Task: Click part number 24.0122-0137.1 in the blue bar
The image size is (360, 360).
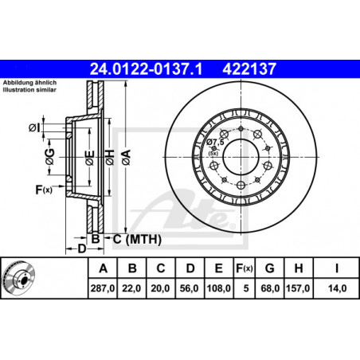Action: pyautogui.click(x=146, y=69)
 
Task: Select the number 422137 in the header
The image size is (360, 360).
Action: pyautogui.click(x=249, y=69)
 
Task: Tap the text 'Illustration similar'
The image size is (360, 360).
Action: pyautogui.click(x=29, y=90)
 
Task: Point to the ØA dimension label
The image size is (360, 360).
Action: pyautogui.click(x=127, y=158)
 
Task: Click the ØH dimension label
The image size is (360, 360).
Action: pyautogui.click(x=110, y=158)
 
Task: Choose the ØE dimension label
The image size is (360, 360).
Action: pyautogui.click(x=90, y=158)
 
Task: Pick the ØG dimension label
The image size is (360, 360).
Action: pyautogui.click(x=49, y=157)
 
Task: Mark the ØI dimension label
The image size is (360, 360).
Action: pyautogui.click(x=34, y=128)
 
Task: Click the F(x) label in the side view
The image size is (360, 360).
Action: pyautogui.click(x=44, y=190)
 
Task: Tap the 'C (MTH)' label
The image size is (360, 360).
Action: pyautogui.click(x=137, y=239)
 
